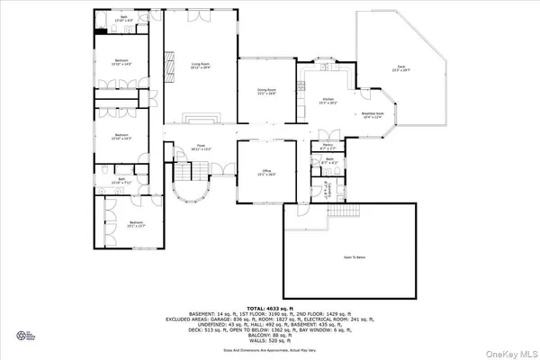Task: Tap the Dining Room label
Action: point(265,90)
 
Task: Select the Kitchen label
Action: point(328,101)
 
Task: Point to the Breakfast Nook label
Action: point(372,114)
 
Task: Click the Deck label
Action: point(400,67)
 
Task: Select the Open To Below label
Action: point(353,256)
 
